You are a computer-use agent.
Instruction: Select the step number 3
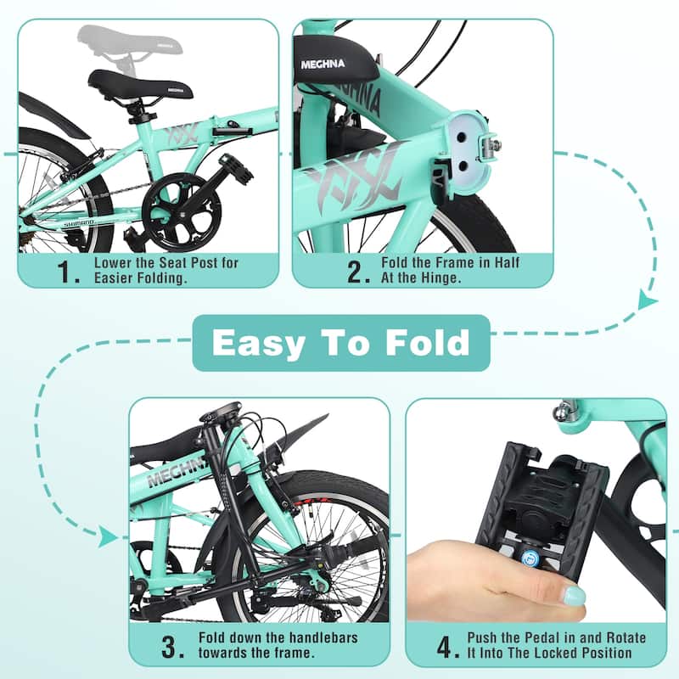click(172, 648)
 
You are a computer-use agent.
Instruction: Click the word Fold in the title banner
click(425, 343)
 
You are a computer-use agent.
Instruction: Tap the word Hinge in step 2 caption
click(431, 278)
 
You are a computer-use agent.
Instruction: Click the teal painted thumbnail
click(575, 595)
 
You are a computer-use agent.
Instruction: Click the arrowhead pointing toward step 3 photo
click(107, 536)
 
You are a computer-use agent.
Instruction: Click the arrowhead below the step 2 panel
click(648, 300)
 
